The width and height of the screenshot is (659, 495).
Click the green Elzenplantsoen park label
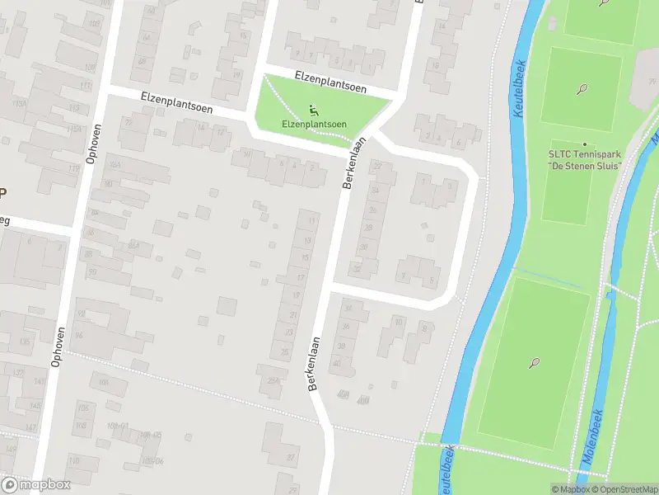[x=314, y=125]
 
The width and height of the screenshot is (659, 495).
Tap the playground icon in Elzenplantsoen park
[x=313, y=111]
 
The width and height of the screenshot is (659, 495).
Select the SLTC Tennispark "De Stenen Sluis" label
[x=585, y=158]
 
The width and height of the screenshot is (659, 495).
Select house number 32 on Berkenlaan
[x=357, y=269]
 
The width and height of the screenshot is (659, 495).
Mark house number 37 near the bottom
[x=291, y=456]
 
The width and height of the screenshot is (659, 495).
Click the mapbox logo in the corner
[x=36, y=484]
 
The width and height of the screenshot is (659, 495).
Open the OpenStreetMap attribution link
[x=625, y=489]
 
